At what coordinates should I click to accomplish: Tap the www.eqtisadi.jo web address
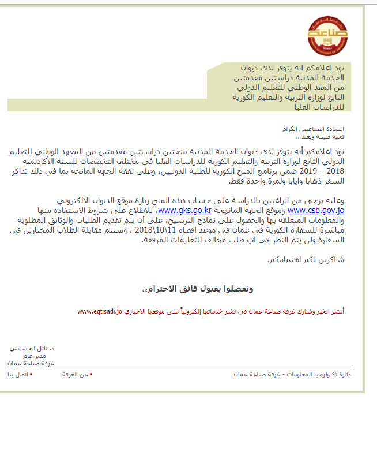(x=99, y=312)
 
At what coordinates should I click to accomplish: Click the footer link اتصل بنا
(x=17, y=375)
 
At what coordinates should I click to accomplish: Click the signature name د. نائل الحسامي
(x=33, y=349)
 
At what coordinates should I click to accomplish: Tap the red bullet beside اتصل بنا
(x=31, y=375)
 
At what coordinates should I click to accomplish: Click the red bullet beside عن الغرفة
(x=91, y=375)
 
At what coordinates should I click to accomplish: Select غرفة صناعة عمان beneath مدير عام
(x=31, y=363)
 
